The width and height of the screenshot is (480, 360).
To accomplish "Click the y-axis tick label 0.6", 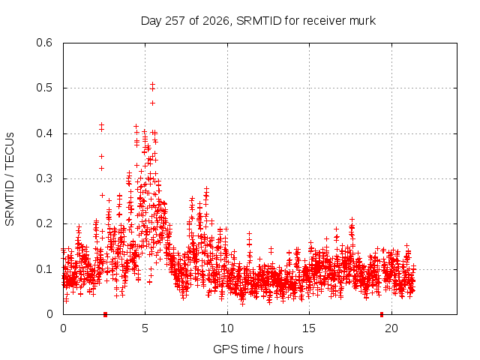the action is [44, 43].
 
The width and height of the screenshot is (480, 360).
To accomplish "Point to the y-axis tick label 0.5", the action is [44, 88].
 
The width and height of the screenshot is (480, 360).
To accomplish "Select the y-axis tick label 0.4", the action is [44, 133].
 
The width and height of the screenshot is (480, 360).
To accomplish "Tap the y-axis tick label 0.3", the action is [44, 178].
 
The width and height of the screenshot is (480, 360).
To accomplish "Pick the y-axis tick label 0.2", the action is [44, 223].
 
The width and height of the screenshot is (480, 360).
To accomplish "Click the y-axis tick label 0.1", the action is [44, 269].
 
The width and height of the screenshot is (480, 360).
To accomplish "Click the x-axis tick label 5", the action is [145, 328].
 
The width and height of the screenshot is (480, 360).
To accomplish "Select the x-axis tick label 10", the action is [227, 328].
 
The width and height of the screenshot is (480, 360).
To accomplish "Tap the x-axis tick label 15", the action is [309, 328].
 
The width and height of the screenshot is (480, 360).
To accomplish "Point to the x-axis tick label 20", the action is [391, 328].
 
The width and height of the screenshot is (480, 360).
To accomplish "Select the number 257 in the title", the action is [175, 21].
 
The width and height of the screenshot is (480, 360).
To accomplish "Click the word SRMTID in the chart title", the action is [259, 21].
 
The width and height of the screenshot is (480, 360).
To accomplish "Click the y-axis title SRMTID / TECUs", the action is [10, 179].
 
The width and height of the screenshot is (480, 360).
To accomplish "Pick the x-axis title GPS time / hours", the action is [258, 349].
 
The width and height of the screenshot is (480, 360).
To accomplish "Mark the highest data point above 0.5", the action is [152, 83].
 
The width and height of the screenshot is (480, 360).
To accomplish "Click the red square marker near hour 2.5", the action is [105, 314].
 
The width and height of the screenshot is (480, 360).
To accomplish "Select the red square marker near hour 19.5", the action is [382, 314].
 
